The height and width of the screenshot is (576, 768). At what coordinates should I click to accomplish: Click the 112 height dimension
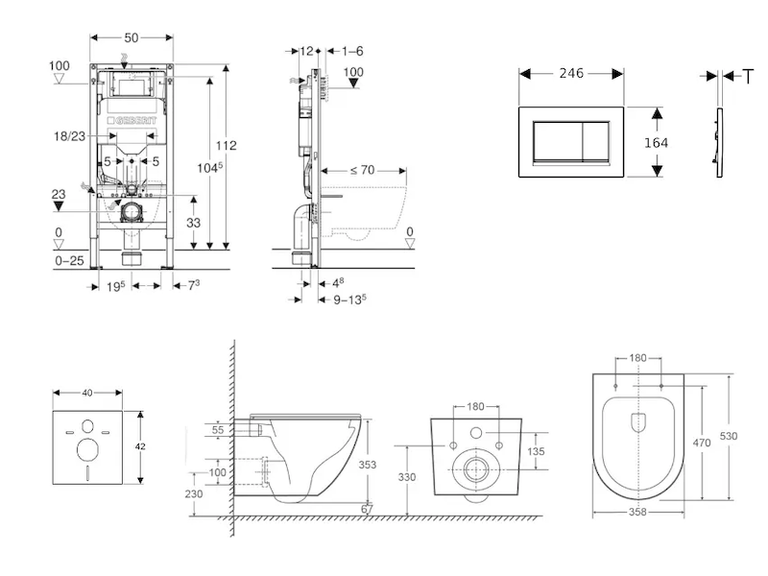(226, 145)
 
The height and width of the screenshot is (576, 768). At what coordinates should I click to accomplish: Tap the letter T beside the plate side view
(748, 76)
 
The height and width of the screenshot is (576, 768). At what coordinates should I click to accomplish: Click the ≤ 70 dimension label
(362, 170)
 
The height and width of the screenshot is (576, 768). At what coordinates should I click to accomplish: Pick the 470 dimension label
(703, 444)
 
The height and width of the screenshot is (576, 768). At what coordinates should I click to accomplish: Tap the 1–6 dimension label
(351, 50)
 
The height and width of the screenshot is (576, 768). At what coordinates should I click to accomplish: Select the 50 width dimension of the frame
(132, 36)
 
